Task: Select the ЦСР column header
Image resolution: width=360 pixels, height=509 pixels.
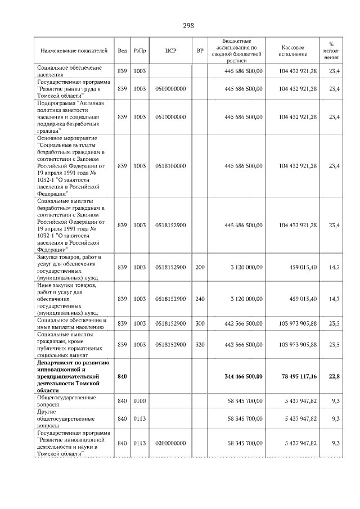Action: click(171, 51)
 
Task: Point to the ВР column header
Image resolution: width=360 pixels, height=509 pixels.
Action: click(200, 51)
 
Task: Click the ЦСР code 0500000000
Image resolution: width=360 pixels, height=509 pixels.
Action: click(170, 88)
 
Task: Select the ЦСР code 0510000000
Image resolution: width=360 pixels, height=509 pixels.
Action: click(170, 116)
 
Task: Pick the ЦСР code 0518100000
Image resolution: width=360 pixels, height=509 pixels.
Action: click(170, 166)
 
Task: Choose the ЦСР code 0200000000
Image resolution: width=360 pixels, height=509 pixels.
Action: click(170, 443)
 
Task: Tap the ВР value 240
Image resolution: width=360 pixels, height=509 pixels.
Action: click(200, 299)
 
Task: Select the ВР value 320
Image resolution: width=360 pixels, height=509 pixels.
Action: click(200, 344)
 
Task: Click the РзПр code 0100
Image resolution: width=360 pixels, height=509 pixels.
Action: click(140, 401)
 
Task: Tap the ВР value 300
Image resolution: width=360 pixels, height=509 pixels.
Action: click(200, 324)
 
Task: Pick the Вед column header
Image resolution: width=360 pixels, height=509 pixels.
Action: click(122, 51)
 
